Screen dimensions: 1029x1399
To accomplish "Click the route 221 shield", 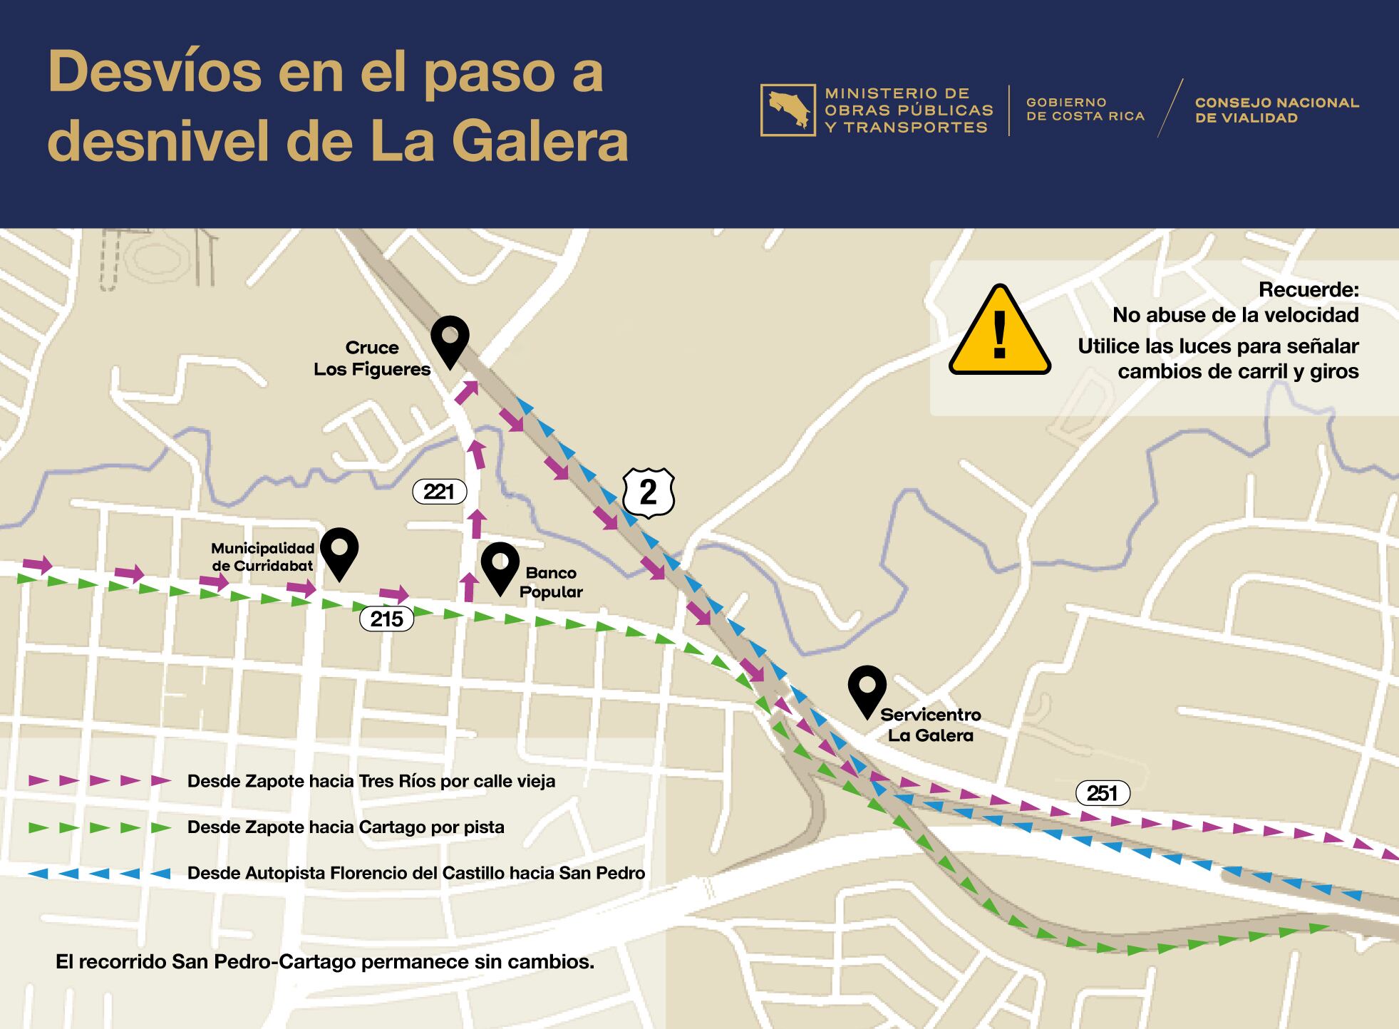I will (439, 492).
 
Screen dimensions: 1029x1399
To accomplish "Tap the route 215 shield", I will (387, 619).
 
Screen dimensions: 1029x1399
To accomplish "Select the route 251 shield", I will (1102, 793).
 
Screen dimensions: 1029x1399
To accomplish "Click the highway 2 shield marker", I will (648, 492).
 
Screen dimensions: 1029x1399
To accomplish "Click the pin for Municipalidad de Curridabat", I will (339, 552).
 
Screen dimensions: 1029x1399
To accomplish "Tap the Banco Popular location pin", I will (500, 566).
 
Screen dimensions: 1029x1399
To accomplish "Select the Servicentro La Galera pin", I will (867, 689).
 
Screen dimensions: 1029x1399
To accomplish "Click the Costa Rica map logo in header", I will (788, 110).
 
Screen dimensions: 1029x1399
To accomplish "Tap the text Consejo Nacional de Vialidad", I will (1276, 110).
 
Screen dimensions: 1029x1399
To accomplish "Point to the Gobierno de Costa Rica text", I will (1085, 110).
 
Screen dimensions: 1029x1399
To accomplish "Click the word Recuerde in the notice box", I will (1308, 290).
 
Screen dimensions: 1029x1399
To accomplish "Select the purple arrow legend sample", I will (100, 780).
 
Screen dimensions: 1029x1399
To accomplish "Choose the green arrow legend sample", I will (100, 827).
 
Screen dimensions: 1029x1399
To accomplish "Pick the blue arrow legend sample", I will (100, 873).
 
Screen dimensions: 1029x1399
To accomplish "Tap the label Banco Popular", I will (551, 582).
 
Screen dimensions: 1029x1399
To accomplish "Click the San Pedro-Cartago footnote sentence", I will (325, 962).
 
